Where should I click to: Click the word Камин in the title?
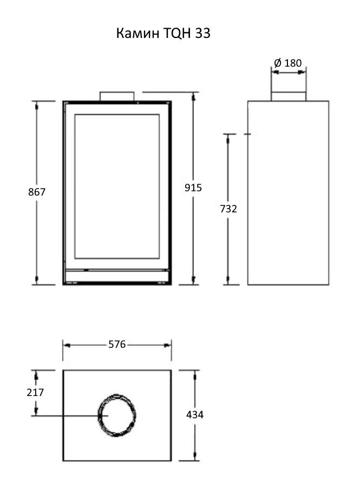pos(138,33)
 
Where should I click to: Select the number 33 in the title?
pos(202,33)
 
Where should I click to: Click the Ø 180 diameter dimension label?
pos(288,63)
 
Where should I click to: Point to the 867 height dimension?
pos(37,192)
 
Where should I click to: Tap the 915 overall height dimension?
pos(193,187)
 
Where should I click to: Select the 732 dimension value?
pos(228,209)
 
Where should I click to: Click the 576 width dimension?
pos(117,345)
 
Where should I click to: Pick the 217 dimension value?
pos(35,392)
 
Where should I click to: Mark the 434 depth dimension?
pos(195,414)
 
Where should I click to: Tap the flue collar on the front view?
pos(117,96)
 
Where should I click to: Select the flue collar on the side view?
pos(289,96)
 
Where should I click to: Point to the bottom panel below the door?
pos(117,277)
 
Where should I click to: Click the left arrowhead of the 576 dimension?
pos(67,345)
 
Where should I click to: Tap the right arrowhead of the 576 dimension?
pos(168,345)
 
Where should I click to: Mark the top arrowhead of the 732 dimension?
pos(228,138)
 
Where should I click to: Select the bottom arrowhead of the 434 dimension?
pos(195,457)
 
